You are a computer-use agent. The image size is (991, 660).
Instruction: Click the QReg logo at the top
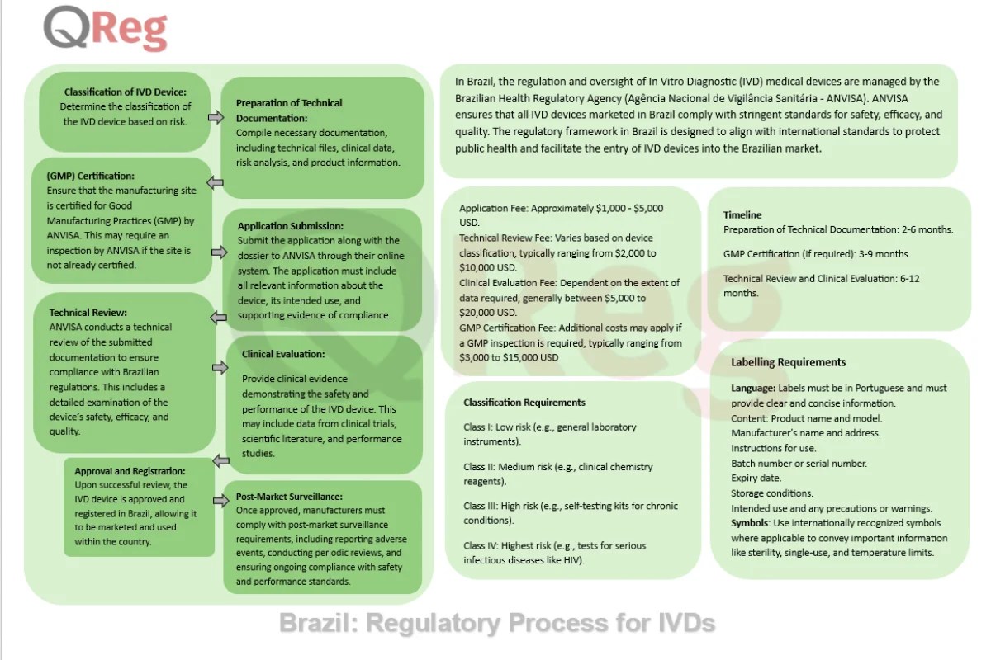pos(106,29)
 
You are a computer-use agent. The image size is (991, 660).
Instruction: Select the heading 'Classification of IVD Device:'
pos(126,92)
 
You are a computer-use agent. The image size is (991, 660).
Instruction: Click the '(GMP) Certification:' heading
pos(90,176)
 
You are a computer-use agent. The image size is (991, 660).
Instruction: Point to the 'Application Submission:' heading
pos(291,226)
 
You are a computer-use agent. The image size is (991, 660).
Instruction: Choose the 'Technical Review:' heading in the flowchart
pos(88,313)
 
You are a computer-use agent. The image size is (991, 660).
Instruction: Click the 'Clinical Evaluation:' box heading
pos(283,354)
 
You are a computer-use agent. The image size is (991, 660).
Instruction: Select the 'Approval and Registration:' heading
pos(130,471)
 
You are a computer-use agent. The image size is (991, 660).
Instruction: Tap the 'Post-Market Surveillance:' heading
pos(288,497)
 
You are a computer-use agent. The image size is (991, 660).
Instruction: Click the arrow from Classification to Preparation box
pos(216,118)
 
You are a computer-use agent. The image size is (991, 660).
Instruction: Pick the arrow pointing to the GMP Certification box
pos(216,182)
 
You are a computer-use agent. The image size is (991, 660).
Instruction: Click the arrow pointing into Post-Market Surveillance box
pos(220,500)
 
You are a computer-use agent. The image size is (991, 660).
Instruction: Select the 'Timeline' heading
pos(742,214)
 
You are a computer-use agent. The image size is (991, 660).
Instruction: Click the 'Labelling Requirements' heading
pos(788,361)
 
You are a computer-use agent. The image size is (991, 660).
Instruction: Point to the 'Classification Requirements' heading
pos(524,403)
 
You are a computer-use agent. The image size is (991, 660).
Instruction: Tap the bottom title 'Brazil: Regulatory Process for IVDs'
pos(496,622)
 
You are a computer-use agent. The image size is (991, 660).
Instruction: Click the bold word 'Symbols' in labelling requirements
pos(750,523)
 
